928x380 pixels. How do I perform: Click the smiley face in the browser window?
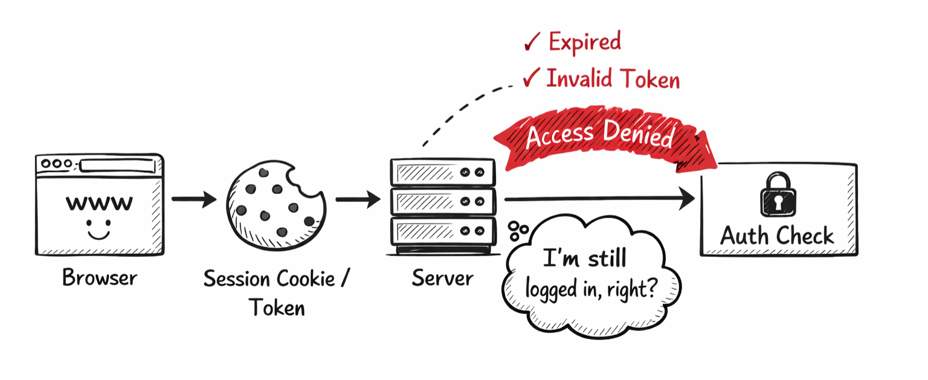[98, 231]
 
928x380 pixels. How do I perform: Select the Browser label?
[100, 278]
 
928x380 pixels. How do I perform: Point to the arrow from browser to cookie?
[193, 199]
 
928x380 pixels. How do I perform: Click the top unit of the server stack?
[443, 172]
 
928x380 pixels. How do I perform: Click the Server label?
[442, 278]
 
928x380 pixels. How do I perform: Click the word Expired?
[584, 42]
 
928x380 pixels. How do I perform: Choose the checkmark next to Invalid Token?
[531, 79]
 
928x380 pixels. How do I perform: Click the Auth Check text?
[778, 235]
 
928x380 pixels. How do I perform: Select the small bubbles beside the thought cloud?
[518, 230]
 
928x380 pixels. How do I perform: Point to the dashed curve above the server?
[459, 112]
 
